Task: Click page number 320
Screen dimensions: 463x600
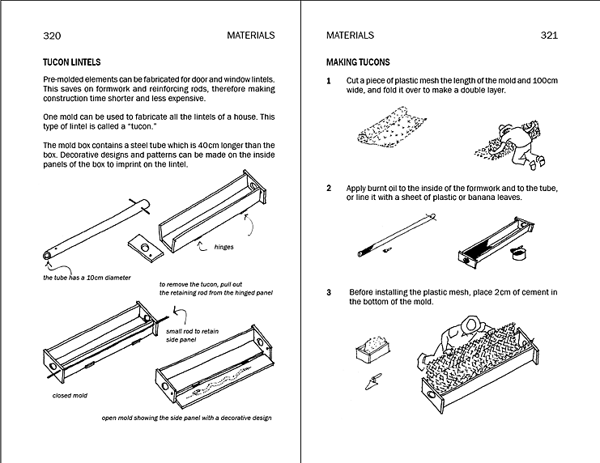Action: tap(52, 36)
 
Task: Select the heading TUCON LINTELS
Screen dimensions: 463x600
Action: tap(71, 62)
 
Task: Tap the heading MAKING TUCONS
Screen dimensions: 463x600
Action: tap(357, 62)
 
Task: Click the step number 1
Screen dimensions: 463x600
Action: tap(329, 81)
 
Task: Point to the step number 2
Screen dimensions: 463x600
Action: tap(329, 188)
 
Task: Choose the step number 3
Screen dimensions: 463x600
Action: tap(329, 291)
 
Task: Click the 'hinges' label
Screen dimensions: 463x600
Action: tap(223, 247)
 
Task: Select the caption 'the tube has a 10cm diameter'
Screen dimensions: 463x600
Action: tap(87, 278)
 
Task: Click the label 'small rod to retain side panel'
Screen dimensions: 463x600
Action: tap(191, 336)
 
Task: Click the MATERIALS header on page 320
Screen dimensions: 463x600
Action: tap(250, 36)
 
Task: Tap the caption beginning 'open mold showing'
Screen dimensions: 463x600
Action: tap(186, 418)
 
